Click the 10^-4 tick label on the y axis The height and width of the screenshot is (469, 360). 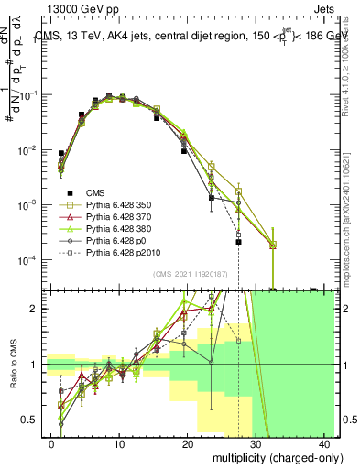pos(27,260)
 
